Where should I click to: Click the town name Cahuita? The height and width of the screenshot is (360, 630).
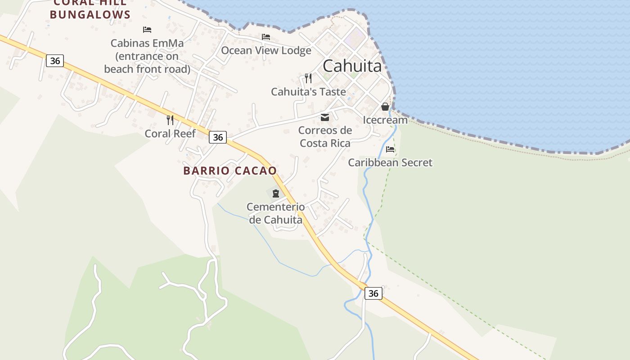(x=352, y=66)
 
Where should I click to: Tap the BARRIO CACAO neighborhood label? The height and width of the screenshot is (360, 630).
(x=230, y=171)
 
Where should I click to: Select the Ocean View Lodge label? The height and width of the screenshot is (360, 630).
(x=266, y=50)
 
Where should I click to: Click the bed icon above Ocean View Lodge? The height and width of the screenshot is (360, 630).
(x=266, y=37)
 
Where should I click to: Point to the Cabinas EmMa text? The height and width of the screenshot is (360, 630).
(x=147, y=44)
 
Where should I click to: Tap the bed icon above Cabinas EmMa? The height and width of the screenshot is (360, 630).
(x=147, y=30)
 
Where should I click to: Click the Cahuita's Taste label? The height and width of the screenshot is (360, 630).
(x=308, y=92)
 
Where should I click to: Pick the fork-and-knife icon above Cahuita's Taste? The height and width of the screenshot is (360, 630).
(x=308, y=78)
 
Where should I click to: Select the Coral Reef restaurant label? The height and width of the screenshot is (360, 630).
(x=170, y=134)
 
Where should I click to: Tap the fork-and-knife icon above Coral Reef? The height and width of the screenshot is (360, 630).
(x=170, y=120)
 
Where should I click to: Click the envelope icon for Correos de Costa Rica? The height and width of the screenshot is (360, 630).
(x=325, y=118)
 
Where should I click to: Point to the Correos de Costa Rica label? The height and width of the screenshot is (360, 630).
(x=325, y=137)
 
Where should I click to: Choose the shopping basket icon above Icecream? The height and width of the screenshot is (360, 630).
(x=385, y=107)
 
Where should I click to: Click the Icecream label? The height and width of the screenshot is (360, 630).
(x=385, y=120)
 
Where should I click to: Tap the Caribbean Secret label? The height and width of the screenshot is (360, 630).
(x=390, y=162)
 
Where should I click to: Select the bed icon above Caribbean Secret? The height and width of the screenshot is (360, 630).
(x=390, y=149)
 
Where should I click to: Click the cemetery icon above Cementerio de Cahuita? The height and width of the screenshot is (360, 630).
(x=276, y=194)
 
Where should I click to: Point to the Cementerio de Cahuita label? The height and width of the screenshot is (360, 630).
(x=275, y=213)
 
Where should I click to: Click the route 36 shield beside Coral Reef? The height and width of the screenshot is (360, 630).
(x=218, y=137)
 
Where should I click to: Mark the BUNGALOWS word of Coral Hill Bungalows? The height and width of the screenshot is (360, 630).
(x=90, y=14)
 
